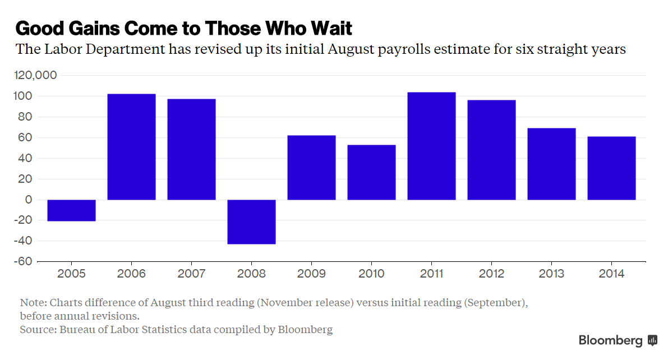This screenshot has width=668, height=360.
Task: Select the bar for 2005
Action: click(x=71, y=210)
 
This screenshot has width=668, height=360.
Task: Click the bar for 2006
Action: click(x=131, y=147)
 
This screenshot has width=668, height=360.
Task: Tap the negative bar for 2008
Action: click(x=251, y=221)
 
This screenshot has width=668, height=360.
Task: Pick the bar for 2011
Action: click(x=431, y=146)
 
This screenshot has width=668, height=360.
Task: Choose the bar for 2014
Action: click(x=611, y=168)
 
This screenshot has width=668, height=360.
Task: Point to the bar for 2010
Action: click(x=371, y=172)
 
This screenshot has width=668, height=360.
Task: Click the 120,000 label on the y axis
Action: click(x=37, y=75)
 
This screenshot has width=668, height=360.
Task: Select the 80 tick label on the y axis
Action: click(x=27, y=117)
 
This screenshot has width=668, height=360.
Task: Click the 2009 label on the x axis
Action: click(x=311, y=274)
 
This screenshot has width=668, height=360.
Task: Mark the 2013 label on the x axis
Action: click(x=551, y=274)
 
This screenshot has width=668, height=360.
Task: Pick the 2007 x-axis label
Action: click(x=191, y=274)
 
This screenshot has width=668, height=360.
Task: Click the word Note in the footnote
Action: click(x=33, y=303)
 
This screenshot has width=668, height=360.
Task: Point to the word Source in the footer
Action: click(x=37, y=330)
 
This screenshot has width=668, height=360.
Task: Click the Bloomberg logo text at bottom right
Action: click(x=610, y=340)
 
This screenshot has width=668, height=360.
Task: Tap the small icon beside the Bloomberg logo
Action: click(x=652, y=340)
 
